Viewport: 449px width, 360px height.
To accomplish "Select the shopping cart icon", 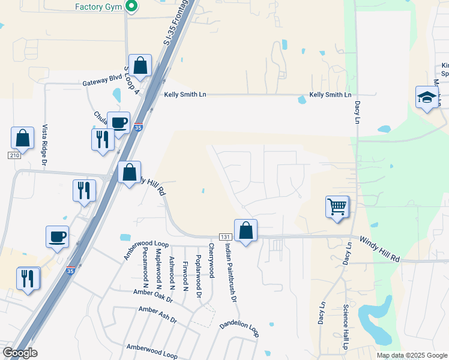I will pyautogui.click(x=337, y=207).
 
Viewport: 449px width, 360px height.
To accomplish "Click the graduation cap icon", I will pyautogui.click(x=426, y=97).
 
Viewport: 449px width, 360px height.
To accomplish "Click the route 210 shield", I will pyautogui.click(x=14, y=155).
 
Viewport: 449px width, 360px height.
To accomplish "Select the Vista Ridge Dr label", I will pyautogui.click(x=44, y=146).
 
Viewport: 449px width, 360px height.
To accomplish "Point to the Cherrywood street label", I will pyautogui.click(x=211, y=260).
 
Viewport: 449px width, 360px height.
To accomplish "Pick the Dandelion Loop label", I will pyautogui.click(x=239, y=328).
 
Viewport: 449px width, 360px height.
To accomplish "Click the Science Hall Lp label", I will pyautogui.click(x=346, y=327).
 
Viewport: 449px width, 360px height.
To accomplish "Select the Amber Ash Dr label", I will pyautogui.click(x=157, y=315).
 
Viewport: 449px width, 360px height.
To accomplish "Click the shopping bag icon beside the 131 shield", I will pyautogui.click(x=246, y=230).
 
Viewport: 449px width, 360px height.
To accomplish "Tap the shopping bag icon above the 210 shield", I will pyautogui.click(x=22, y=138).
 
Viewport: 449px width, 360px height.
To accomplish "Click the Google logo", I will pyautogui.click(x=20, y=353).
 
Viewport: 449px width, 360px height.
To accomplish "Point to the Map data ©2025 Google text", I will pyautogui.click(x=411, y=355).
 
